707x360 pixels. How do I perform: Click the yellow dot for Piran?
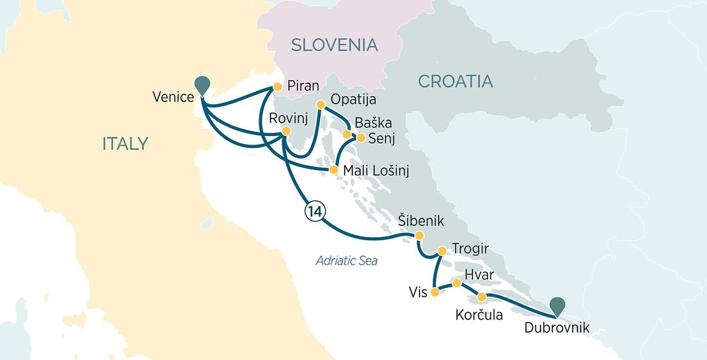[277, 86]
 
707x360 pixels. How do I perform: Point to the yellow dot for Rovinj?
[285, 132]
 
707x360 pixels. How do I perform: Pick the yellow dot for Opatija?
[321, 105]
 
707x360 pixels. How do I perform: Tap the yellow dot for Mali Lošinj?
[333, 170]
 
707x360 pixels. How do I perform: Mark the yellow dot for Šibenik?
[420, 236]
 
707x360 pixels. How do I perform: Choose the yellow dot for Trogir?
[442, 250]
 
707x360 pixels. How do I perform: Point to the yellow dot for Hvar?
[457, 283]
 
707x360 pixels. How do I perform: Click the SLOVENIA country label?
[335, 45]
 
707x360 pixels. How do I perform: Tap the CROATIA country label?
[455, 82]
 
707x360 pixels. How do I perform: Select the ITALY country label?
[126, 144]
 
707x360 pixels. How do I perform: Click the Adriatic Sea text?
[346, 261]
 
